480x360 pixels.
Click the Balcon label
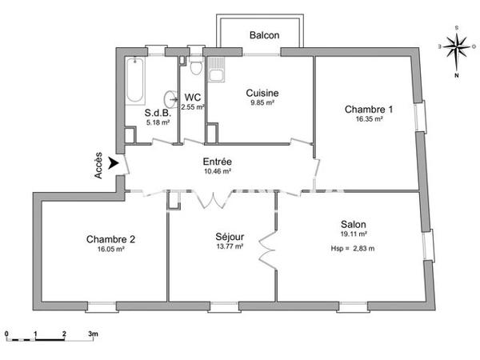[264, 35]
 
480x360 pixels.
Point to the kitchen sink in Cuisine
[215, 76]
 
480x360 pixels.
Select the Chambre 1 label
[369, 109]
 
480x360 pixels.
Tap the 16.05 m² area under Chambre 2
[110, 249]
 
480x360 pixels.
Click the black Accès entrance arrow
[114, 164]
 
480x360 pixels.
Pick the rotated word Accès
[98, 166]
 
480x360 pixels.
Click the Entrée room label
[217, 161]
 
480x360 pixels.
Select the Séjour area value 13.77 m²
[230, 247]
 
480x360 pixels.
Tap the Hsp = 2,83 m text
[353, 248]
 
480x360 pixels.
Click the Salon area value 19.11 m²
[353, 234]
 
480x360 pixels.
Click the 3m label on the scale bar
[93, 333]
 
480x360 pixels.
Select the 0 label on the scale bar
[6, 333]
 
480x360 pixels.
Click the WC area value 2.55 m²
[193, 106]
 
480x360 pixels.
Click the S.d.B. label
[155, 113]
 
